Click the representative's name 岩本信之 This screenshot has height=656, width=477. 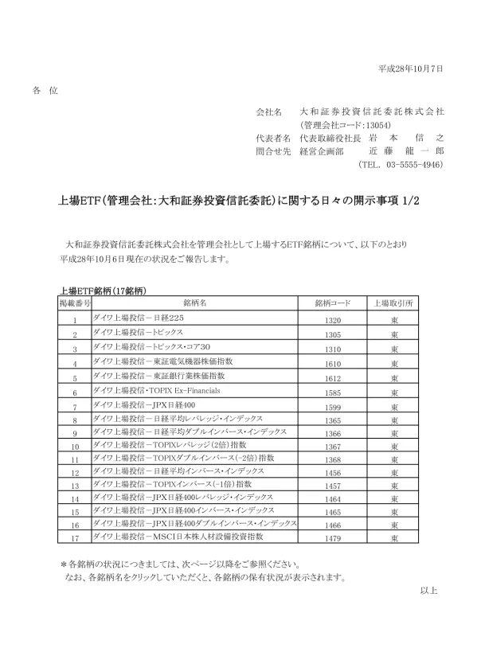coord(406,138)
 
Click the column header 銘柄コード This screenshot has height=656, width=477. coord(333,304)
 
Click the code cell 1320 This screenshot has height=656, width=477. coord(333,320)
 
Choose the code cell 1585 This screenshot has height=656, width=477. coord(333,392)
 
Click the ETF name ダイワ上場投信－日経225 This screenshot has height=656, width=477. coord(139,318)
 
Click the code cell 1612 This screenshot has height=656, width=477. coord(333,378)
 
